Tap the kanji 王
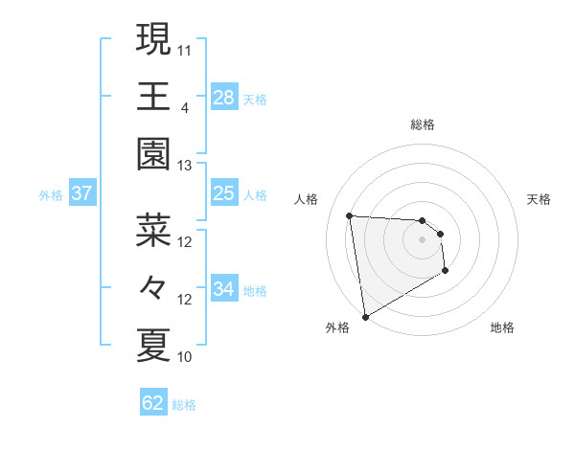click(x=153, y=96)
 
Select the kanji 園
click(x=153, y=153)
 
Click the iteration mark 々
click(x=153, y=287)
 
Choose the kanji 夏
click(x=153, y=345)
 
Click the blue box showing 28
click(x=224, y=98)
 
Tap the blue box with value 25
click(x=224, y=194)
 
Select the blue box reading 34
click(x=224, y=290)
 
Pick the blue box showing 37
click(x=82, y=194)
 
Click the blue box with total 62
click(x=153, y=403)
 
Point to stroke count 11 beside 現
click(x=185, y=50)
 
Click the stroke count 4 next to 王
click(x=184, y=107)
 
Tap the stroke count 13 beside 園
click(x=185, y=166)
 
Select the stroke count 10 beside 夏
click(x=185, y=357)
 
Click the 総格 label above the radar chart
click(x=423, y=124)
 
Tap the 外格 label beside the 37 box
click(x=51, y=195)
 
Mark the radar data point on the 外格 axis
click(x=365, y=316)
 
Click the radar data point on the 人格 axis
click(x=350, y=214)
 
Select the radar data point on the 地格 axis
click(x=446, y=272)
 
